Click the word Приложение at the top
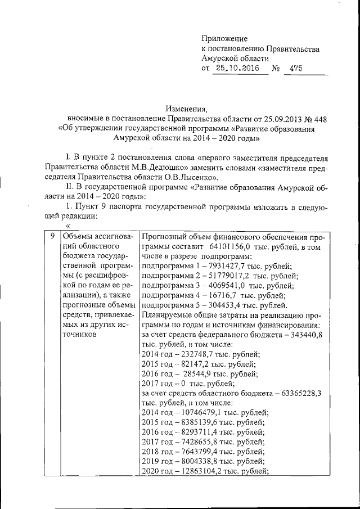224,38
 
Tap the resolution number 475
296,69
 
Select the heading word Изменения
186,108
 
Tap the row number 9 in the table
52,236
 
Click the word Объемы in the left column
77,237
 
